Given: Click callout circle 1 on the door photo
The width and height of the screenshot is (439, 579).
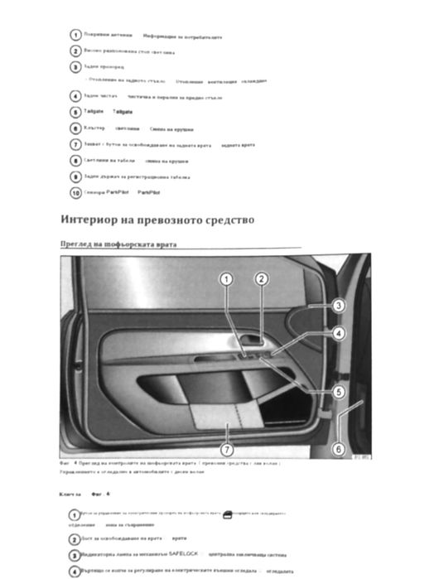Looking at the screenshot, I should tap(225, 280).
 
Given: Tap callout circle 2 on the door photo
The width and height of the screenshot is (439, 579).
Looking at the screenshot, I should tap(261, 280).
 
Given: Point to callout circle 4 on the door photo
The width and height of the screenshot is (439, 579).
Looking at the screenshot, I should tap(338, 334).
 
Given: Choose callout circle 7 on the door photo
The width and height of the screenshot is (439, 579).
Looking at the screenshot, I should tap(226, 450).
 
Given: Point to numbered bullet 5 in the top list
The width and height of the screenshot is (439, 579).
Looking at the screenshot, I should tap(76, 112).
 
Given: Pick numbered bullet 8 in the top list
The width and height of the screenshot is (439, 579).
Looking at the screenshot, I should tap(76, 160).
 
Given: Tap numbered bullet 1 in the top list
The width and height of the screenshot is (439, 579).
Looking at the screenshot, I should tap(76, 36).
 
